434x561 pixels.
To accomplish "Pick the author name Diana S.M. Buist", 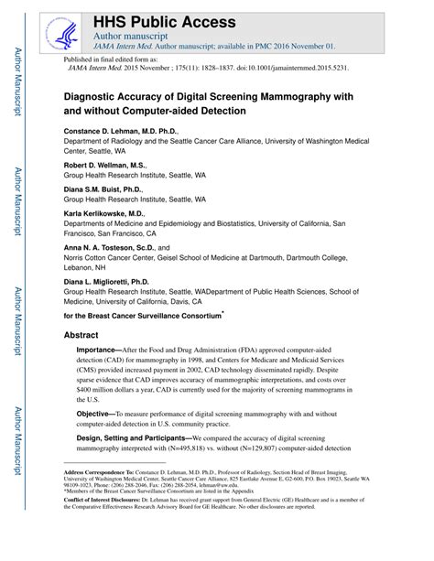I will (x=94, y=189).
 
